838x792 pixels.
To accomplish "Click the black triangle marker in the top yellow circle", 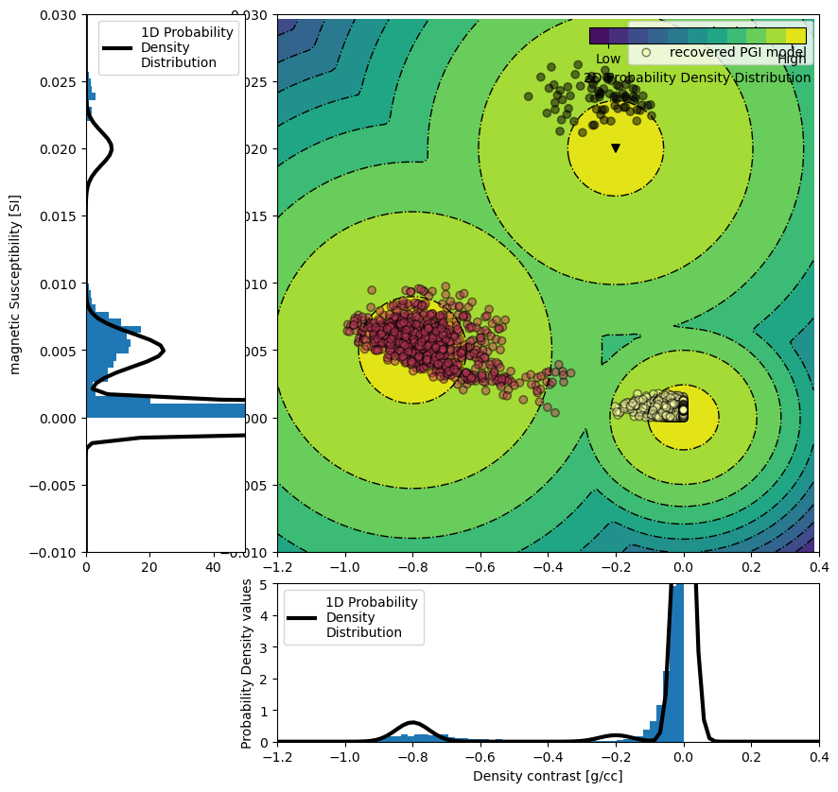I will point(616,148).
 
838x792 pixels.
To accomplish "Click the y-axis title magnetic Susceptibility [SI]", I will point(15,284).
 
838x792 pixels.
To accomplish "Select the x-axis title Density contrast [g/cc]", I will point(548,776).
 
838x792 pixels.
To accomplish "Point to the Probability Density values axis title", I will point(248,663).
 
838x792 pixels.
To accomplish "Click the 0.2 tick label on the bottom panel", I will point(751,758).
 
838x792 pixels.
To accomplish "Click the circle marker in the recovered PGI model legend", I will point(647,53).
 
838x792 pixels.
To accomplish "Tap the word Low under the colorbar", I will point(608,60).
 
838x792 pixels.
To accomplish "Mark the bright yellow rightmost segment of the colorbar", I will point(796,36).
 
